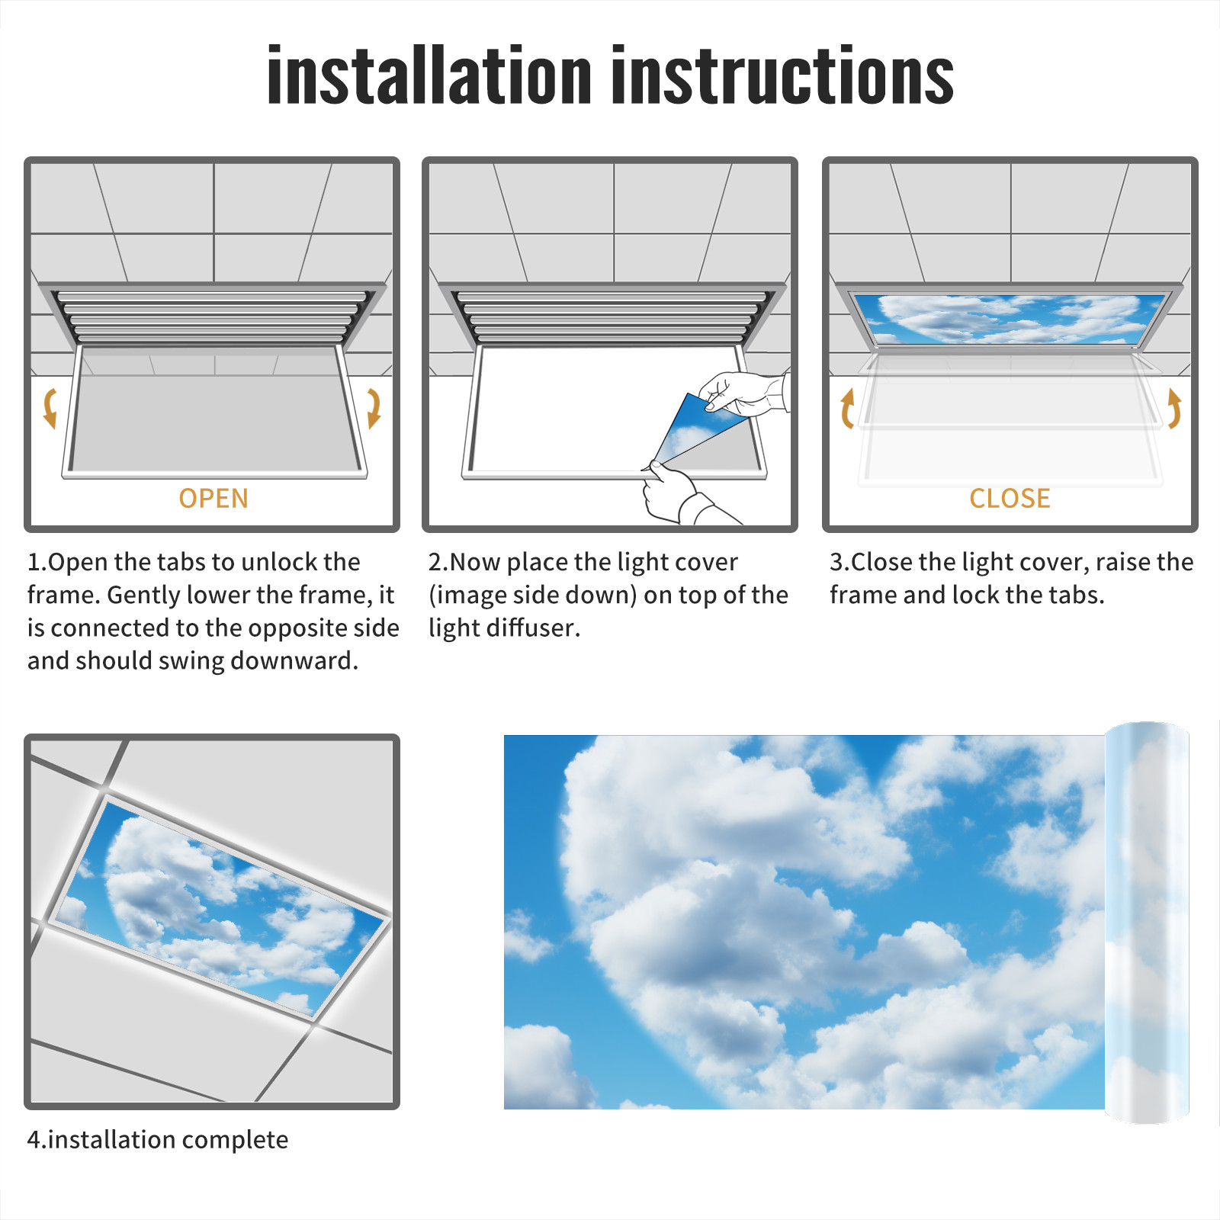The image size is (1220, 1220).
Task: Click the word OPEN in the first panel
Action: (213, 499)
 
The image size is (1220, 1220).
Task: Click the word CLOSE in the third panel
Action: (1010, 499)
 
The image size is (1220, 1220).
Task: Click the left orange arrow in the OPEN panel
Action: (50, 409)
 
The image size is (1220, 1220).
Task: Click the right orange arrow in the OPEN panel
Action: (374, 409)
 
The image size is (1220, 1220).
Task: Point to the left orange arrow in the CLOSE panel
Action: (847, 409)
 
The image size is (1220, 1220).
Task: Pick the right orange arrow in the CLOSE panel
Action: (1174, 409)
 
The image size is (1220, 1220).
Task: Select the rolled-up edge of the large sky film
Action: (1147, 922)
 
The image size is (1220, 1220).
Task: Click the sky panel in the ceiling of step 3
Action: (1010, 318)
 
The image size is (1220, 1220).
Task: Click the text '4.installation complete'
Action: (158, 1139)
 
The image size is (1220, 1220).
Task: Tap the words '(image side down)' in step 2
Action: (533, 595)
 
